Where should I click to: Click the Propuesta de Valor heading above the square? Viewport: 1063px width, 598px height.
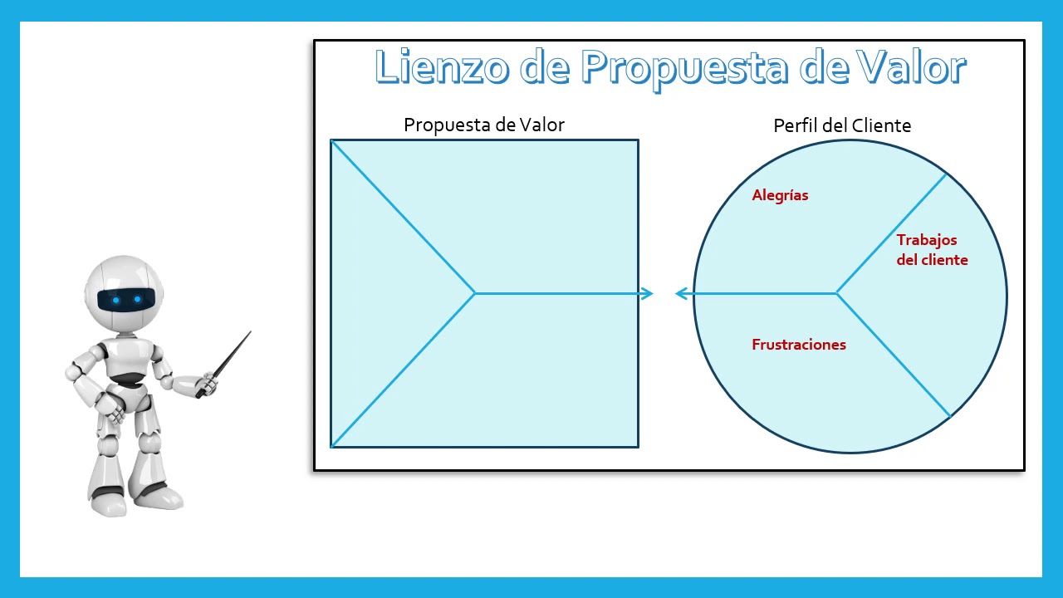(x=484, y=125)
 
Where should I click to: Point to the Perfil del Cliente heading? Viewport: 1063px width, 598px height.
(x=842, y=125)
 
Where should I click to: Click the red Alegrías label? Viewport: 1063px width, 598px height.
(x=780, y=196)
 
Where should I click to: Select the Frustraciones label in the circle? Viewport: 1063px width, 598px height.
(x=799, y=345)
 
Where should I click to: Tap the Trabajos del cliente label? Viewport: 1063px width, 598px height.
(x=932, y=250)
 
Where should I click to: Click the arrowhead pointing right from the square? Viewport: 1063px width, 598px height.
(x=648, y=293)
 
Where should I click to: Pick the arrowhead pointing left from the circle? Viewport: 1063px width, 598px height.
(x=682, y=293)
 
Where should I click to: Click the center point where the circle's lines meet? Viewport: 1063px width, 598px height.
(x=836, y=293)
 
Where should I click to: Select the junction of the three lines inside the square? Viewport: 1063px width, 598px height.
(x=474, y=293)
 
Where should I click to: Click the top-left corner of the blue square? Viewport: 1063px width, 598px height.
(x=331, y=140)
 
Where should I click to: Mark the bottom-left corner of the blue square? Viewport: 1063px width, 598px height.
(x=331, y=447)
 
